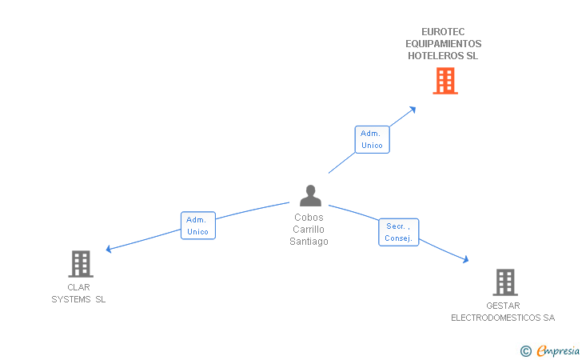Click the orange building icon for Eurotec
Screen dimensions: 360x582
pos(445,81)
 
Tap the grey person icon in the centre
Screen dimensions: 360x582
pos(310,195)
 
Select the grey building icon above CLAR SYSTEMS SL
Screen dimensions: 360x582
pos(81,263)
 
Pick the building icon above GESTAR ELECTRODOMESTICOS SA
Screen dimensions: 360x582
pos(504,282)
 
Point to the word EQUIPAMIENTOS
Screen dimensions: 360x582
pos(443,44)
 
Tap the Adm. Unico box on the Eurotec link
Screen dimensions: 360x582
pos(372,139)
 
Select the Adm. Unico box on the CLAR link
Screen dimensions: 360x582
pos(197,226)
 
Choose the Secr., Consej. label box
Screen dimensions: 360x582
pos(398,232)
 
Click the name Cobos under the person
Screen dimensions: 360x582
pos(309,217)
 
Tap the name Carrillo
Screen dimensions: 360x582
pos(309,229)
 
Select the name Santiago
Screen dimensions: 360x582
pos(309,242)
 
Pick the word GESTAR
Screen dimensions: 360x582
pos(503,306)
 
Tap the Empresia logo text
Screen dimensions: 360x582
pos(558,350)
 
